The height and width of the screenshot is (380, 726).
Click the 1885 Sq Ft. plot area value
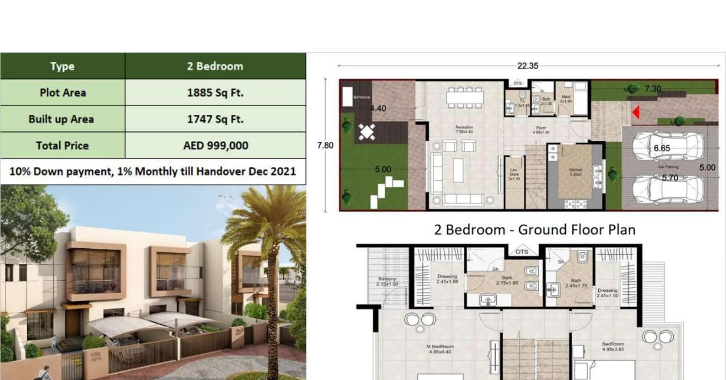[215, 92]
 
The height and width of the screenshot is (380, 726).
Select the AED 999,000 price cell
[215, 145]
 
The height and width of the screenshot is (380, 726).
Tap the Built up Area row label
[61, 119]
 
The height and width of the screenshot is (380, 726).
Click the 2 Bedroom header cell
[215, 66]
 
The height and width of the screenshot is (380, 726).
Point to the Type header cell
[62, 66]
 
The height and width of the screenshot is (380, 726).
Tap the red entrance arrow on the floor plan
[636, 112]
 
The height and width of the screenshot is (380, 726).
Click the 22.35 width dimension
[527, 66]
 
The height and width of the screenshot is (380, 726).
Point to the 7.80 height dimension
[325, 145]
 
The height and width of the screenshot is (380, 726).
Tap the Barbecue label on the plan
[362, 97]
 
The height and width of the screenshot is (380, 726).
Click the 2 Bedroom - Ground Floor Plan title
[534, 229]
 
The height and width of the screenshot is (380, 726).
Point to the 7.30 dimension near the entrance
[652, 89]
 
